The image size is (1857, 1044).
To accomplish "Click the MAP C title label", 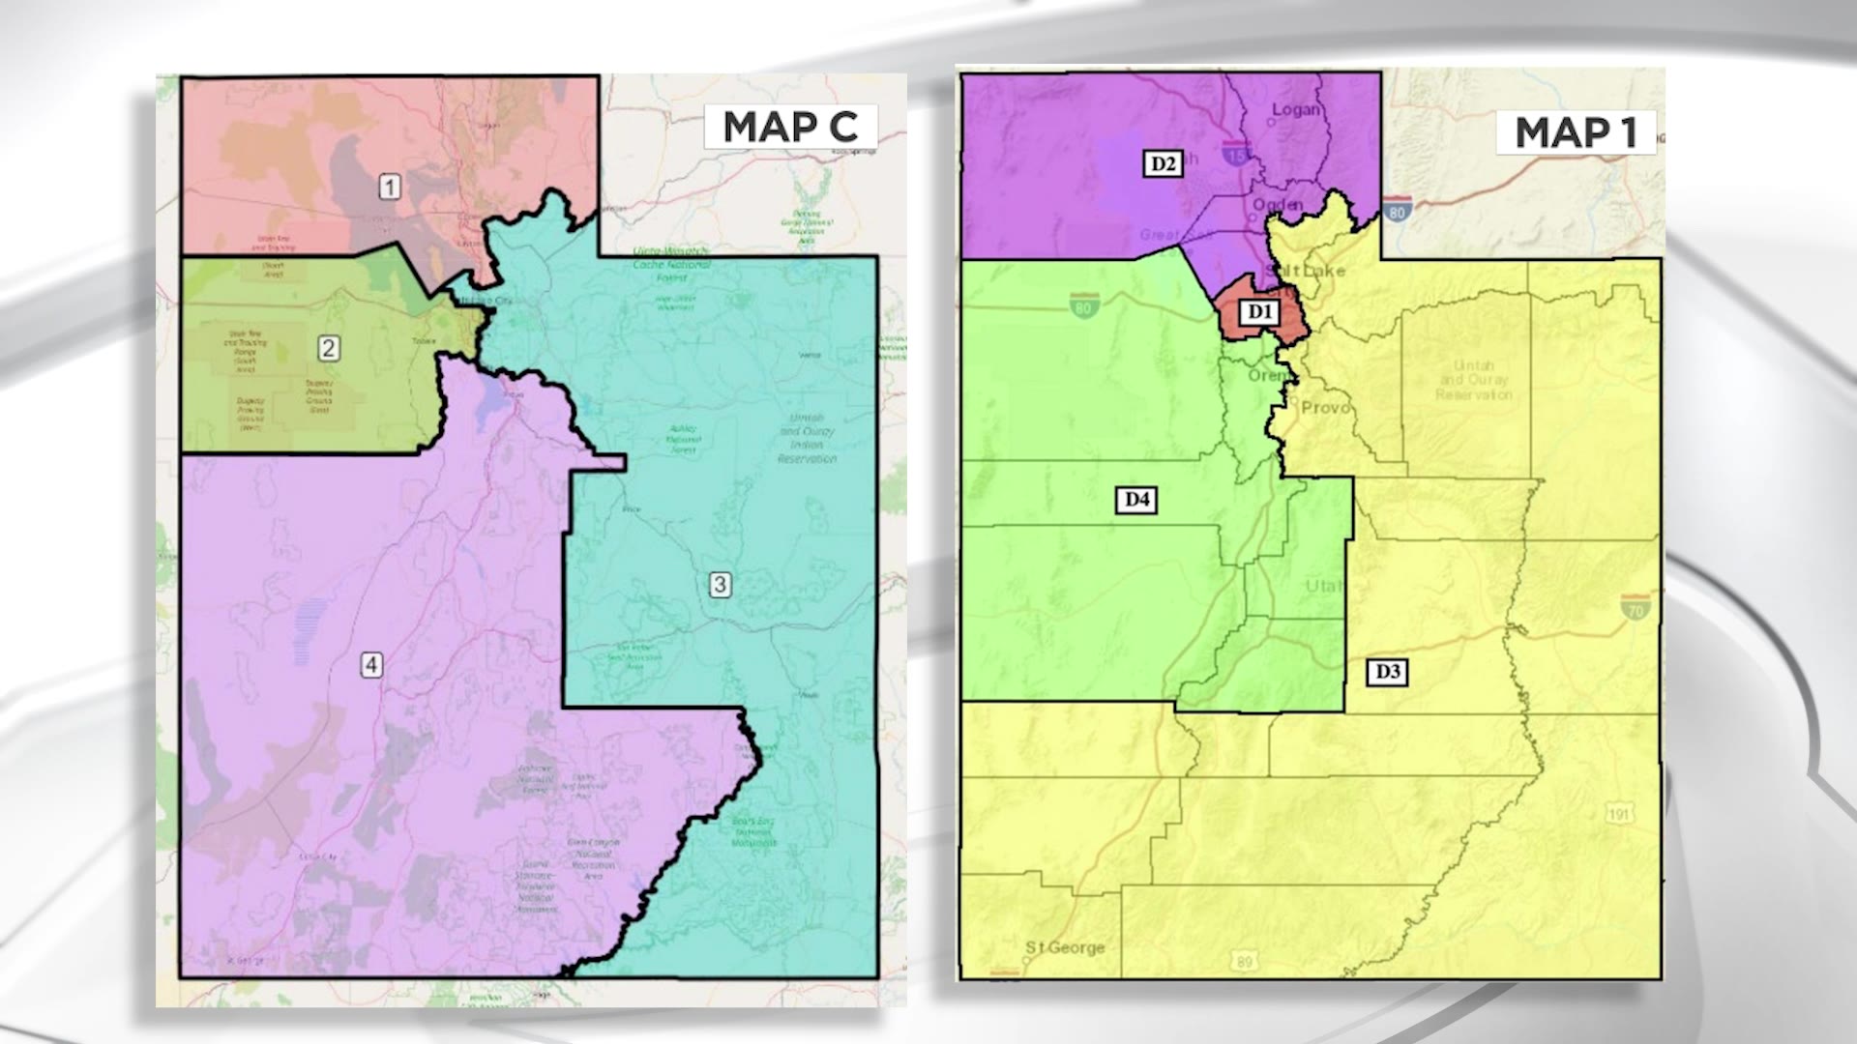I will (790, 127).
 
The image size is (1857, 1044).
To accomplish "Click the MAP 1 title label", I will (1576, 132).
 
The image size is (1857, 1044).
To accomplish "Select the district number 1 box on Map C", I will (389, 187).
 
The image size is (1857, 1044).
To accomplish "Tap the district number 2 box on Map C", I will (329, 348).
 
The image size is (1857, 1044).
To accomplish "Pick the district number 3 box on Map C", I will (720, 584).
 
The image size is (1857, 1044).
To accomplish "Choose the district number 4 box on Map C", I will (371, 665).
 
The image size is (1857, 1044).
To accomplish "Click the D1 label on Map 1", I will (1259, 311).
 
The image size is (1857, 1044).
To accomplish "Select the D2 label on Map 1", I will (1163, 163).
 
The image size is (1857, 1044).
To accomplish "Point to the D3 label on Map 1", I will (1387, 672).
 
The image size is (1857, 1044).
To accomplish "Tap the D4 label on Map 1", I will (1136, 499).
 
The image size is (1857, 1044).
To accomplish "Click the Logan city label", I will (1295, 110).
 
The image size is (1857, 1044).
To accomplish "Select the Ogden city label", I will (1278, 205).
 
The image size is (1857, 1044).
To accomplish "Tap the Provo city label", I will (1325, 408).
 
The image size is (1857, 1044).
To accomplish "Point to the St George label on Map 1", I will (1065, 947).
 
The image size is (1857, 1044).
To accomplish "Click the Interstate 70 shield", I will (1636, 607).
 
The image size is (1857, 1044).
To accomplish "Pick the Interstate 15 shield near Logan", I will (1235, 152).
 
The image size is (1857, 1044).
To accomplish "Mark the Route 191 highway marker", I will (1620, 814).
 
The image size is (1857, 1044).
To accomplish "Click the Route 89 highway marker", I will (1244, 961).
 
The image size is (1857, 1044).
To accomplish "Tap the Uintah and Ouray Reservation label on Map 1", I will (1473, 380).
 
